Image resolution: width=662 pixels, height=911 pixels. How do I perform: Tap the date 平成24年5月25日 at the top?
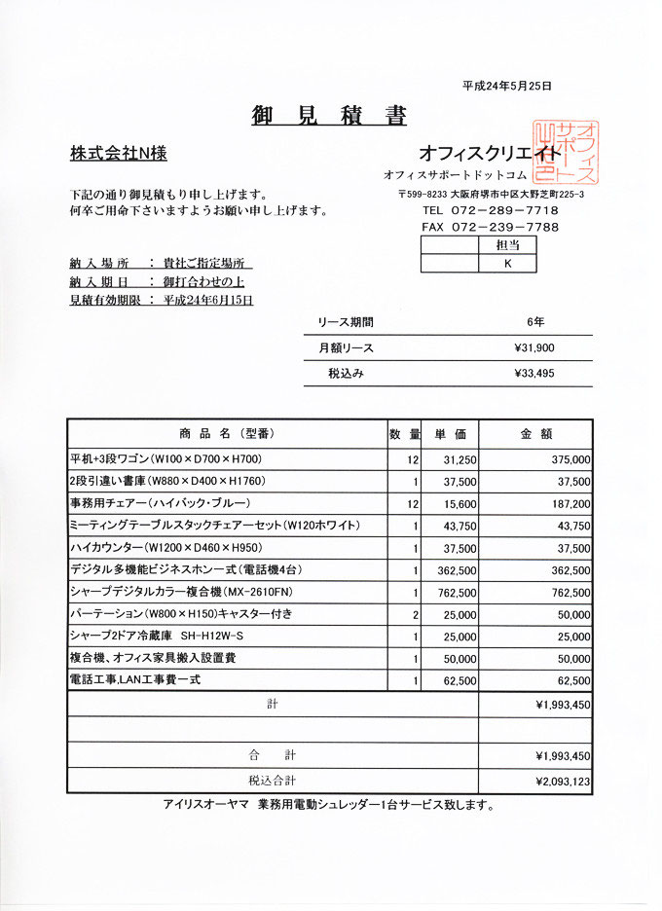point(506,86)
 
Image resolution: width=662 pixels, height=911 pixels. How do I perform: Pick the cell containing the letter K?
point(507,263)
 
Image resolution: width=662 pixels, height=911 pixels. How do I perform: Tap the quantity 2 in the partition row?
point(415,616)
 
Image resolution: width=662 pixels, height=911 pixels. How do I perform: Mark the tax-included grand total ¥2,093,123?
point(563,781)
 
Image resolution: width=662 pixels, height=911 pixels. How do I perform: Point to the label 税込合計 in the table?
point(273,781)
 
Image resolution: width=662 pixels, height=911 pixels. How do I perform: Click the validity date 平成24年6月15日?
point(208,301)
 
